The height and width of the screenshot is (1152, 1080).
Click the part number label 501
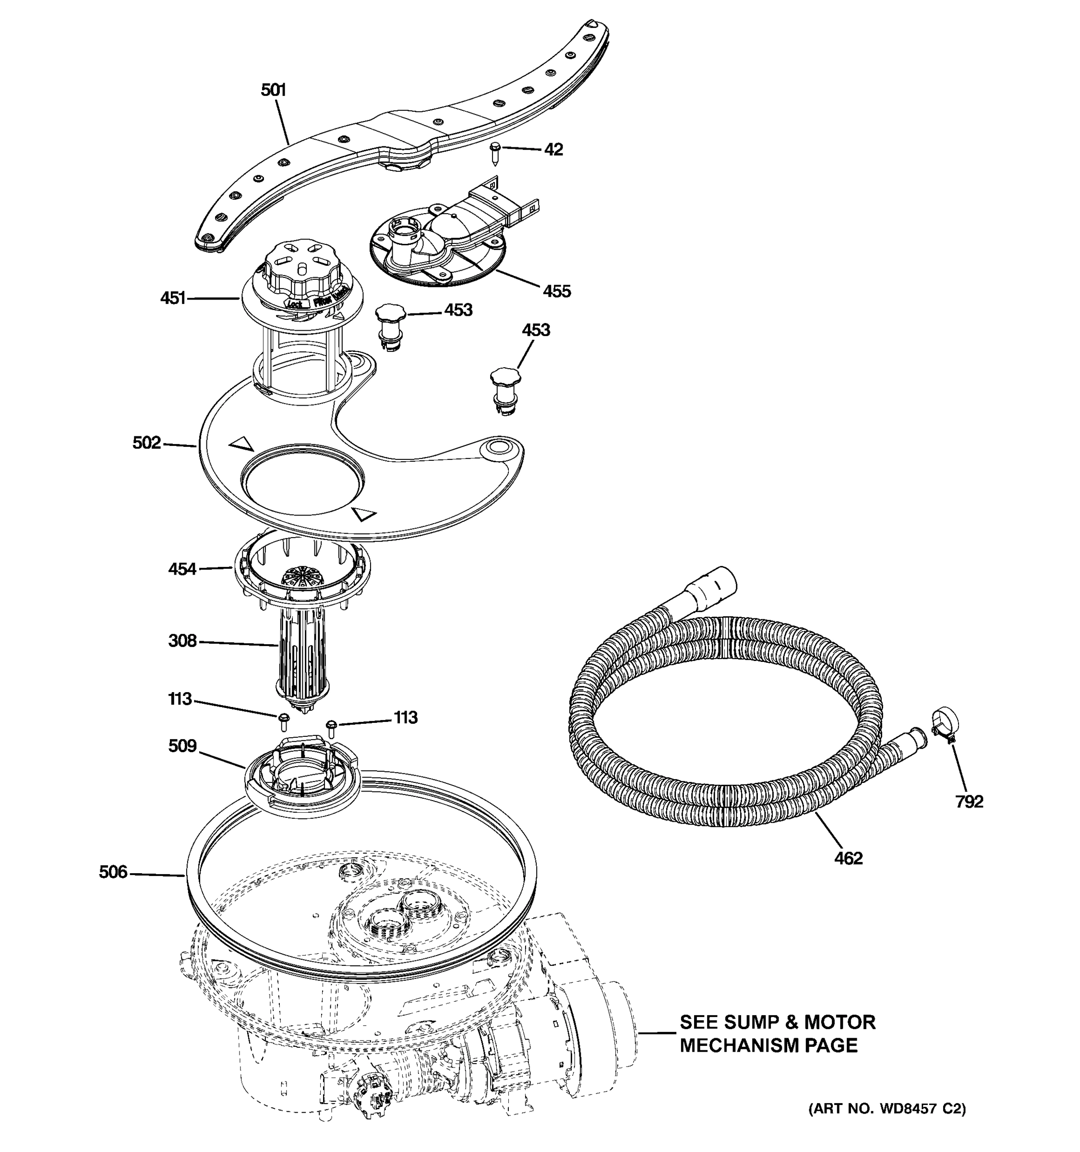click(274, 90)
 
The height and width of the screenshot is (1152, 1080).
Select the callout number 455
click(556, 291)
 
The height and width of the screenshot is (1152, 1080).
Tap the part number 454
click(182, 569)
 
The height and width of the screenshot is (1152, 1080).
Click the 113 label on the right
click(406, 718)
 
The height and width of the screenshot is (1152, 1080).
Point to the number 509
click(182, 746)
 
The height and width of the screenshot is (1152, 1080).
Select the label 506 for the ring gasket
click(113, 872)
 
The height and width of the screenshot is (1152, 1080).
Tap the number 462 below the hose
click(848, 858)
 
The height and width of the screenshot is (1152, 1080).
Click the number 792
click(969, 802)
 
